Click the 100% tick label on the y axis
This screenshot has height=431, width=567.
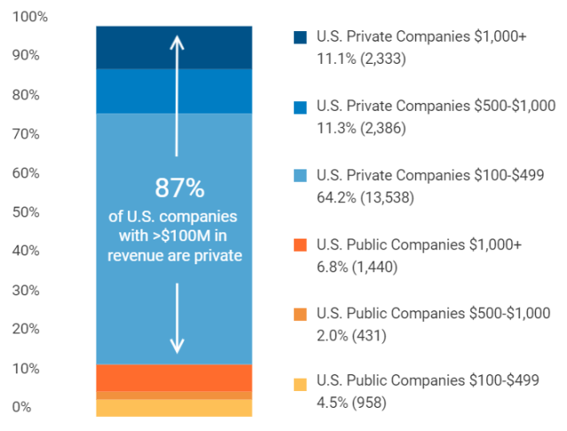(30, 17)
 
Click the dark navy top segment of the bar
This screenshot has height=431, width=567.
(174, 47)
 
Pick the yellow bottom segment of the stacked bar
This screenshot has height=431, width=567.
(174, 408)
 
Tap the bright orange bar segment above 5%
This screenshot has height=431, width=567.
(174, 377)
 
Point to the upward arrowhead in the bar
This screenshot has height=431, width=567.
(177, 41)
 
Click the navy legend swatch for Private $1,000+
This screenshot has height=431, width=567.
(300, 38)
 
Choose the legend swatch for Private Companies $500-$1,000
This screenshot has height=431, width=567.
(300, 107)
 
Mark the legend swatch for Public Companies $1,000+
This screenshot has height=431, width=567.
(300, 245)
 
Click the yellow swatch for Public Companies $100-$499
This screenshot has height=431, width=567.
(300, 384)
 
